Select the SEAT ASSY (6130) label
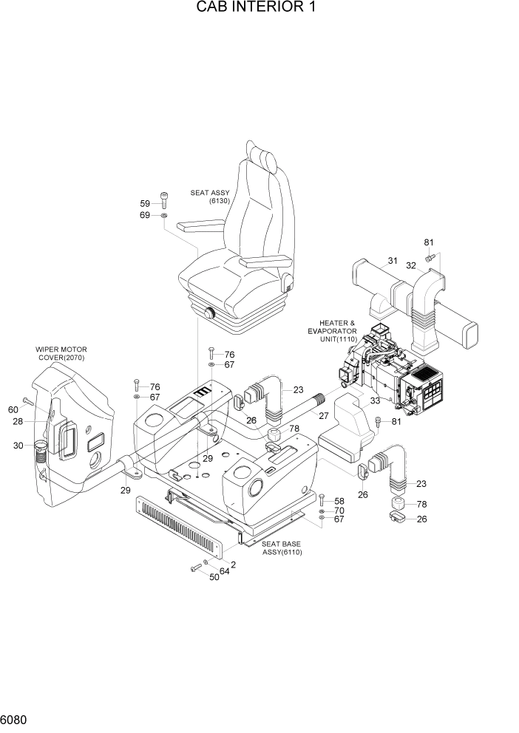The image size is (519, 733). [x=210, y=196]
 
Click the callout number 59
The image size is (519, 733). [x=145, y=203]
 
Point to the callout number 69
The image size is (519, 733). [x=145, y=215]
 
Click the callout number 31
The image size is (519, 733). [x=392, y=260]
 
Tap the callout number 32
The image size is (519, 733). [x=411, y=265]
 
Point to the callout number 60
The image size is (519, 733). [x=13, y=410]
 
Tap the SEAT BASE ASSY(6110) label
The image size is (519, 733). [x=282, y=548]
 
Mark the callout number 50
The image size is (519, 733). [x=214, y=577]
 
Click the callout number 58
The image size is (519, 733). [x=339, y=500]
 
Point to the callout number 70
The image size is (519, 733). [x=339, y=511]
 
